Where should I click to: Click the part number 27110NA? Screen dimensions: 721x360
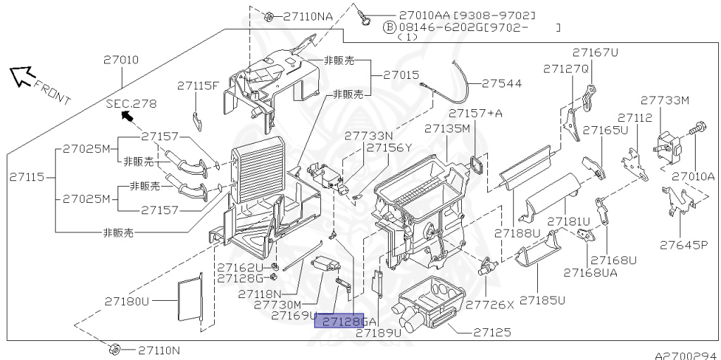[x=308, y=17]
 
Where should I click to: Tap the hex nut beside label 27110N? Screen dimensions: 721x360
[x=115, y=349]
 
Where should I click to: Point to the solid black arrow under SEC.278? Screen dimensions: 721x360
[x=128, y=116]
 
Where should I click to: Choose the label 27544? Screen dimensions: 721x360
[x=502, y=84]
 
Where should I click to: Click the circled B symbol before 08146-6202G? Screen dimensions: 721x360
[x=389, y=27]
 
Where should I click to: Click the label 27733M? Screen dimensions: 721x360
[x=665, y=100]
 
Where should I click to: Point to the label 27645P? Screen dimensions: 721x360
[x=684, y=244]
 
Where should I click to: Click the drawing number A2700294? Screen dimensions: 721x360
[x=687, y=355]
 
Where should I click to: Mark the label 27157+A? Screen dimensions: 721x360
[x=475, y=113]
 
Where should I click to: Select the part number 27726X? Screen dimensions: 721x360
[x=490, y=304]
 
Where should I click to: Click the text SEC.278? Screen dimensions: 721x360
[x=132, y=104]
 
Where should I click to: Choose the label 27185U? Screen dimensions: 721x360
[x=542, y=301]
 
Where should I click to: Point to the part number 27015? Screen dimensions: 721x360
[x=401, y=75]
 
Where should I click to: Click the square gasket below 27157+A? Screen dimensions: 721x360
[x=475, y=165]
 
